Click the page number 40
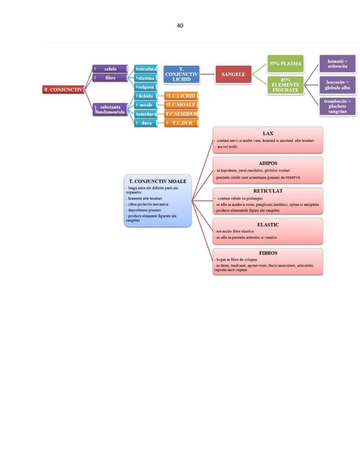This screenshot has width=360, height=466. tap(180, 26)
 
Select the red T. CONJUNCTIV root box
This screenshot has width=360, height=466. tap(63, 90)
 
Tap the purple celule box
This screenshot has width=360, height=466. tap(110, 69)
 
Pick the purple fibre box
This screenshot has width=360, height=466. tap(110, 77)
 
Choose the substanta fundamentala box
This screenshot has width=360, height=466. tap(110, 109)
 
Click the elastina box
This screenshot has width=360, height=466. tap(146, 78)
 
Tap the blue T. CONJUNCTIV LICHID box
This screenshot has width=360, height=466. tap(181, 74)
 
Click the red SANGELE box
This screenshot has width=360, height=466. tap(233, 74)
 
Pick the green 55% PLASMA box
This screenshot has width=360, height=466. tap(286, 64)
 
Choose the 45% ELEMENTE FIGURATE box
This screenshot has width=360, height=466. tap(286, 85)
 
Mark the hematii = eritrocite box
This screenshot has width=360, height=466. tap(337, 64)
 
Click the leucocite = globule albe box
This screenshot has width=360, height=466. tap(337, 85)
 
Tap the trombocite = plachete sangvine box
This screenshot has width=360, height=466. tap(337, 106)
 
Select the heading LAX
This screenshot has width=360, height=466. tap(268, 133)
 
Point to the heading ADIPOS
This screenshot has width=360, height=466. tap(268, 163)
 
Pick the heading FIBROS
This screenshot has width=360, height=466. tap(268, 252)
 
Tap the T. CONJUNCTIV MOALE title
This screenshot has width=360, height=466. tap(158, 181)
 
